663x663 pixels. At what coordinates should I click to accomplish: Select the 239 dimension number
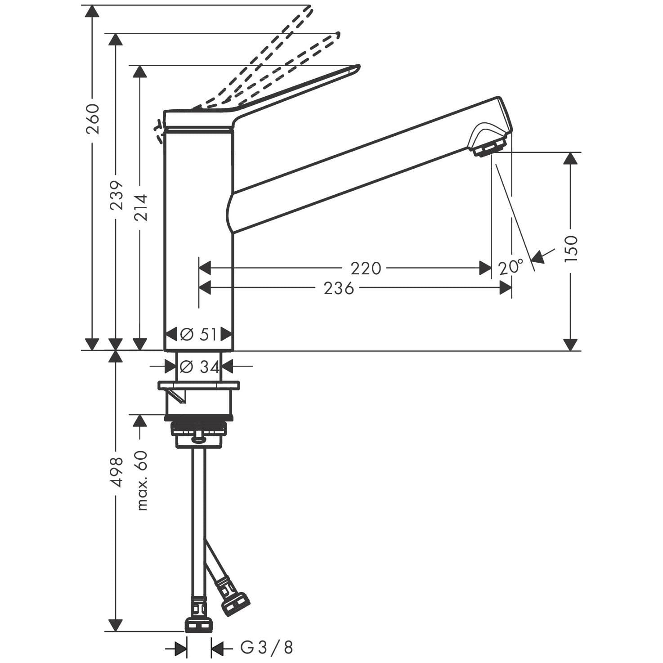click(116, 195)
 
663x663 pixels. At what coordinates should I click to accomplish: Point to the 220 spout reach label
click(366, 269)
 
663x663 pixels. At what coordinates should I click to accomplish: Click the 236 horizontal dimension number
click(339, 288)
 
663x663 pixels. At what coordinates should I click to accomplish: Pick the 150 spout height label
click(571, 248)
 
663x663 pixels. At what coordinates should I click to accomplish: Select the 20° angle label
click(511, 267)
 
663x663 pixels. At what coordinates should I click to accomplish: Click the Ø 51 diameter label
click(198, 334)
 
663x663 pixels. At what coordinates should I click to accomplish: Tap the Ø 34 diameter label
click(199, 367)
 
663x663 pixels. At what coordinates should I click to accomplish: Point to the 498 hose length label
click(116, 472)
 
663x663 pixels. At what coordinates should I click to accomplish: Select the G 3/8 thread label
click(267, 647)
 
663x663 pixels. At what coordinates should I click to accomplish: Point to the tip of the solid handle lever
click(358, 67)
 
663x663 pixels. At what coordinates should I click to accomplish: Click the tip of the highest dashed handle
click(310, 7)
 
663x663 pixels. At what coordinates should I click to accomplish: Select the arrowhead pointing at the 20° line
click(538, 257)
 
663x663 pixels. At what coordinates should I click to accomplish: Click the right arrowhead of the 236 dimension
click(506, 288)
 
